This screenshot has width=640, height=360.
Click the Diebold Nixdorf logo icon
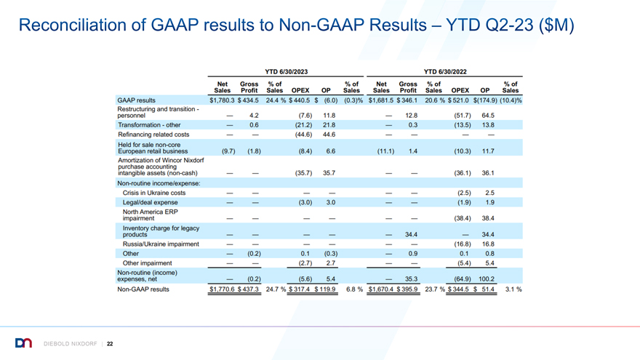coord(23,343)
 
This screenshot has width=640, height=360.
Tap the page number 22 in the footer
coord(110,344)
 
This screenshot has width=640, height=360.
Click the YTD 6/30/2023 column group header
coord(286,72)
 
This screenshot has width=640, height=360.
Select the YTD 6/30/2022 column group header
coord(445,72)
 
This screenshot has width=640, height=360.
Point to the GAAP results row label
coord(136,100)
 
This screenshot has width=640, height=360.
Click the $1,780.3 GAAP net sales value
coord(222,100)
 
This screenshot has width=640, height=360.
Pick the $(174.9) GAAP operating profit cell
coord(485,100)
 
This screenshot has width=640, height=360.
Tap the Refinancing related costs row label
coord(153,135)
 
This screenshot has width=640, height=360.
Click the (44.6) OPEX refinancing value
coord(303,135)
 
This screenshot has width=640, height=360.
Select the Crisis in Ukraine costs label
coord(154,193)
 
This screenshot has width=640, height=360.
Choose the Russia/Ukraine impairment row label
coord(161,244)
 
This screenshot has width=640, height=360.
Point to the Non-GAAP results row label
coord(143,289)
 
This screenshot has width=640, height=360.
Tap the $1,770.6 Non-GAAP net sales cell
coord(222,289)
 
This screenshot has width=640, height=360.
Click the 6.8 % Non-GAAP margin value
coord(354,289)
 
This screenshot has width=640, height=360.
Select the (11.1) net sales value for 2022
coord(385,151)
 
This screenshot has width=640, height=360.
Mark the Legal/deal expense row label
coord(151,202)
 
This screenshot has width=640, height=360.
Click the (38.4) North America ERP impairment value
coord(463,218)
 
